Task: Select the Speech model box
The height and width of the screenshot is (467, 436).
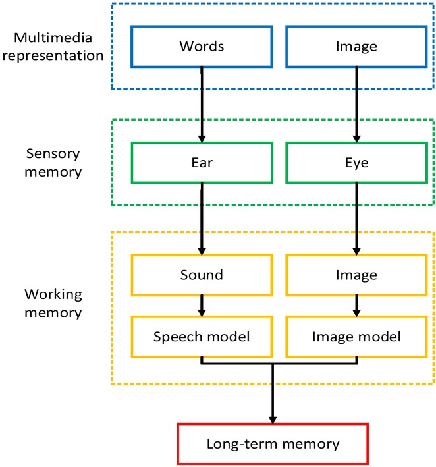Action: [202, 336]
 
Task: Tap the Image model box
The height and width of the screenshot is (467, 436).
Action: [356, 336]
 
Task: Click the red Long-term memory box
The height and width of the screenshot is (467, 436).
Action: [272, 443]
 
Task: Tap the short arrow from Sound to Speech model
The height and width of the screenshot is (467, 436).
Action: [202, 304]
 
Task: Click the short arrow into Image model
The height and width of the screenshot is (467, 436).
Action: [356, 304]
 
